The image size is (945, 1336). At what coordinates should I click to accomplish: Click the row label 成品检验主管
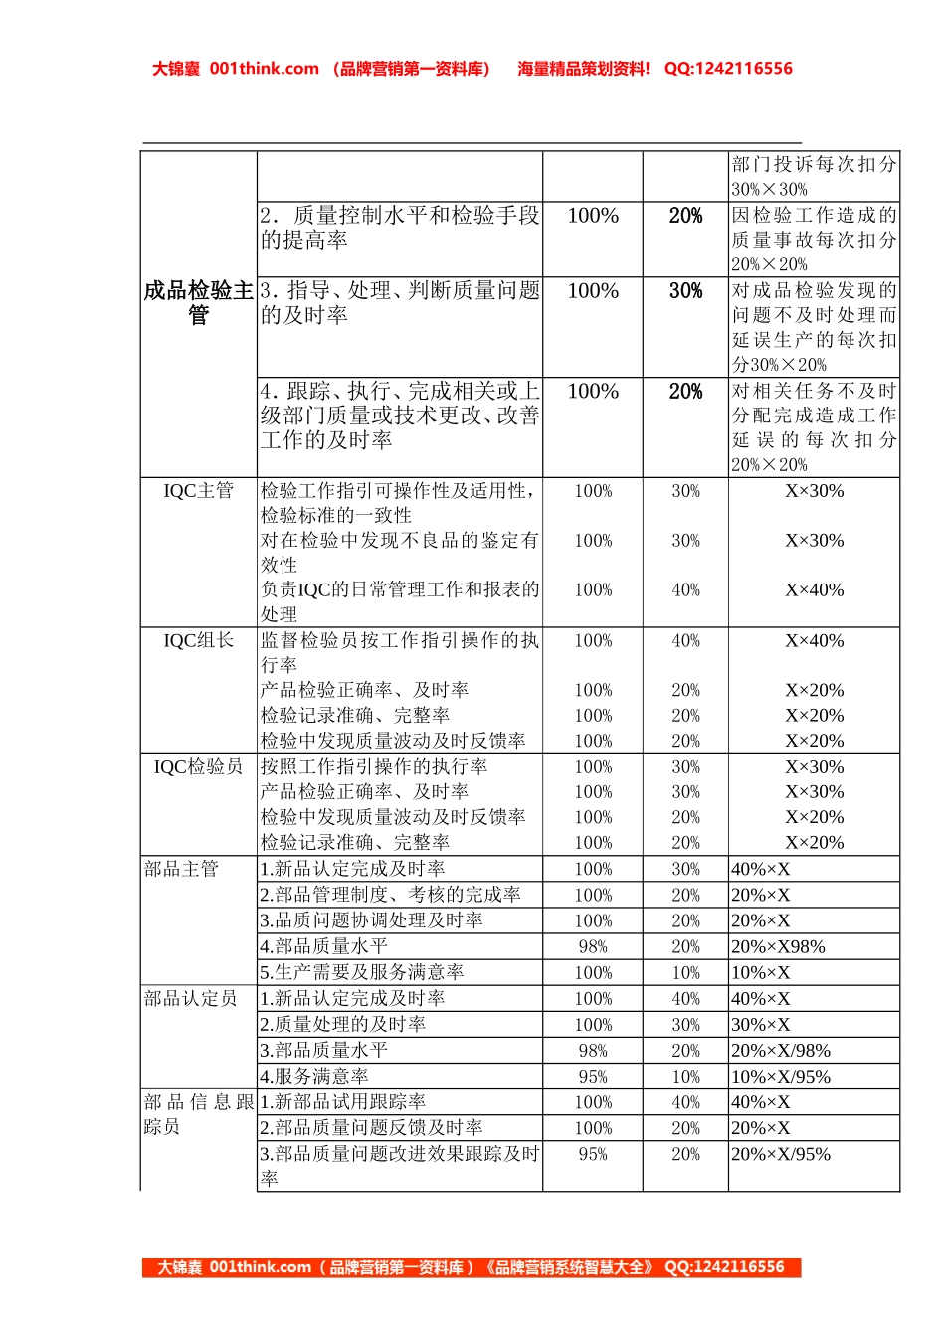199,302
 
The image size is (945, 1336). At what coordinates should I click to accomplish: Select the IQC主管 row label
198,490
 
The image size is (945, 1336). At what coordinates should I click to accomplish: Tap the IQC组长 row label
198,640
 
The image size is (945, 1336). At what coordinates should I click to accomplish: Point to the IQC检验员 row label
198,766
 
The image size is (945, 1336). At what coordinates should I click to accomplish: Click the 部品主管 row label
181,869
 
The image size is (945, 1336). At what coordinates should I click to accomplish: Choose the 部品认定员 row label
191,998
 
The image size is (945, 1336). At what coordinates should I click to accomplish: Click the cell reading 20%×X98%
778,946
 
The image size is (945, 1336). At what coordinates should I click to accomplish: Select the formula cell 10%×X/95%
780,1076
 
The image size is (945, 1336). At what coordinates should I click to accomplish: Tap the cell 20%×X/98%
780,1050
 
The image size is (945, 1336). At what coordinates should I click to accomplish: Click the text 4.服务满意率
314,1076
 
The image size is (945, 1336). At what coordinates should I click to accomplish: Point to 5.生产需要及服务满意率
362,972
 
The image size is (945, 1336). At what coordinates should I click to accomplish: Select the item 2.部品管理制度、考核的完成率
390,895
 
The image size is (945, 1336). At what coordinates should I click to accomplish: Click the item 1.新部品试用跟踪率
343,1101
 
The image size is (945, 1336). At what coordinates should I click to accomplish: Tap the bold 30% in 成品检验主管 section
685,291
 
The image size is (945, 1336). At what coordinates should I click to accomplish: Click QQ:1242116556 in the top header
728,69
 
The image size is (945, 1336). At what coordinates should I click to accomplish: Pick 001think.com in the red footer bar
261,1267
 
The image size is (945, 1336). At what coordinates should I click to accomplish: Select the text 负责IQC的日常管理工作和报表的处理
399,601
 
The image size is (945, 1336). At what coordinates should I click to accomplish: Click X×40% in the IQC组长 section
814,641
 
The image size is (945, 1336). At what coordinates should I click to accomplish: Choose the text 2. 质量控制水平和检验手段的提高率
399,228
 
